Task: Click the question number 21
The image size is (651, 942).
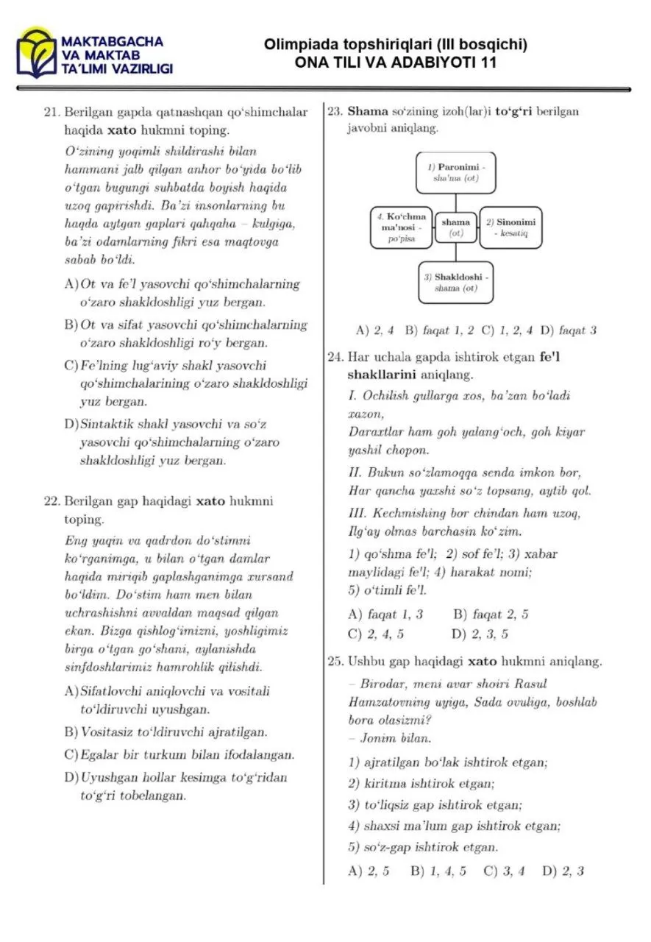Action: point(51,113)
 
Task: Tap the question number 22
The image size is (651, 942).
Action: point(51,501)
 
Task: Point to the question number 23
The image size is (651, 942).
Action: point(335,112)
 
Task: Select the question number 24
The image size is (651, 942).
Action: point(335,357)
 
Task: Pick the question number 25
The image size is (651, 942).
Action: point(335,661)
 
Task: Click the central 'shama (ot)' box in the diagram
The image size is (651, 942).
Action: point(456,227)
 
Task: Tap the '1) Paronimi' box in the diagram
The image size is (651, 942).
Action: point(456,172)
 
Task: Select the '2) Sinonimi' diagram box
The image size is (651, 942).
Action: point(511,227)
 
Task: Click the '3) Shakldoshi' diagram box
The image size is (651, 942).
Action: point(456,283)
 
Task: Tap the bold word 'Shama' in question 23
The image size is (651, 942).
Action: point(362,112)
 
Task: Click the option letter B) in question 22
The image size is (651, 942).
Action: point(71,732)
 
